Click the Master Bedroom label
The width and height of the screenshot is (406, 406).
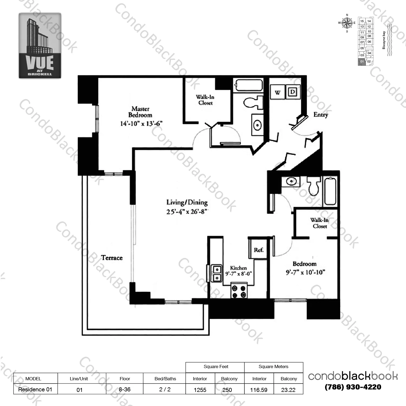point(140,112)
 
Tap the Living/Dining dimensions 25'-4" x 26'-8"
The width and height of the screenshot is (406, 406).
point(187,211)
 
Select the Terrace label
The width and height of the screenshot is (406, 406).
point(112,258)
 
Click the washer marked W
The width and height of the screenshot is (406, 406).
point(277,93)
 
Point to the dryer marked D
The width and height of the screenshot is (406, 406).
point(292,92)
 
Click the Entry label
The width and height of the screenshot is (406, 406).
point(320,114)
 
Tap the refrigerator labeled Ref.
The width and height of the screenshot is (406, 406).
point(258,250)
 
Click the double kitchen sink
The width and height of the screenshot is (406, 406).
point(217,274)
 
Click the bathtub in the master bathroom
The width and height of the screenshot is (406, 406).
point(248,85)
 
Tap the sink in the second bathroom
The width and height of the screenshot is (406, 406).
point(291,181)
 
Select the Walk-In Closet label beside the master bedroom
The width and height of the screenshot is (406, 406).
point(205,100)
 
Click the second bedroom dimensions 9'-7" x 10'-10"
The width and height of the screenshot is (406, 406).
point(305,272)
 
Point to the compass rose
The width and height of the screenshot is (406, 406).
point(347,23)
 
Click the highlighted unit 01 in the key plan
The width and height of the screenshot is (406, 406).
point(362,62)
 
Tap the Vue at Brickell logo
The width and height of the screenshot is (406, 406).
point(40,45)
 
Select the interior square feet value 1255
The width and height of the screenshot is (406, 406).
point(200,390)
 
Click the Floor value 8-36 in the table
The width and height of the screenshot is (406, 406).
point(125,389)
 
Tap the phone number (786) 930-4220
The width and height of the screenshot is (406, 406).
point(353,387)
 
